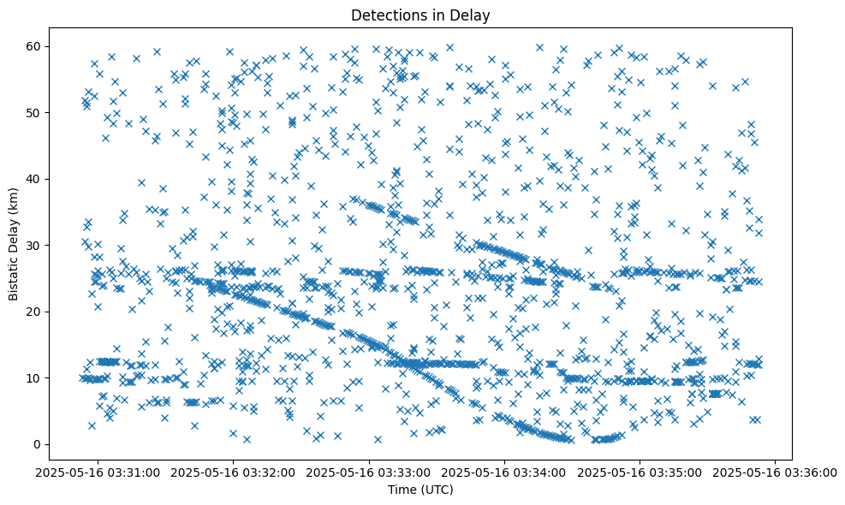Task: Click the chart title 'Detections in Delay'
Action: point(421,15)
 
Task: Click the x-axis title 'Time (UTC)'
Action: point(421,490)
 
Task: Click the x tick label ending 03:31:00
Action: point(98,472)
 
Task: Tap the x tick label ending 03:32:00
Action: point(234,472)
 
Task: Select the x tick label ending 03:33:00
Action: point(370,472)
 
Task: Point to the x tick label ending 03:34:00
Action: point(505,472)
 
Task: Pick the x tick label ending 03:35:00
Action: point(640,472)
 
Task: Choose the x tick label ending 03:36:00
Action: point(776,472)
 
